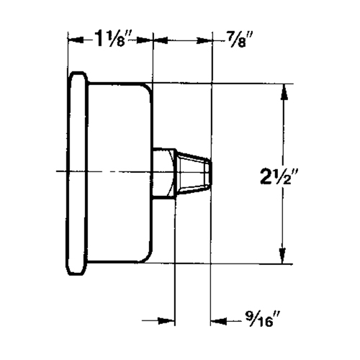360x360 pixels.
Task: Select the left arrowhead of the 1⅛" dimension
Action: (72, 39)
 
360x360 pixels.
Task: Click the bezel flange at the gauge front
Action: (77, 173)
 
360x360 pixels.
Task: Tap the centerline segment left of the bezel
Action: (60, 172)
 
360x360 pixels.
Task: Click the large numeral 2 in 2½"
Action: (267, 174)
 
